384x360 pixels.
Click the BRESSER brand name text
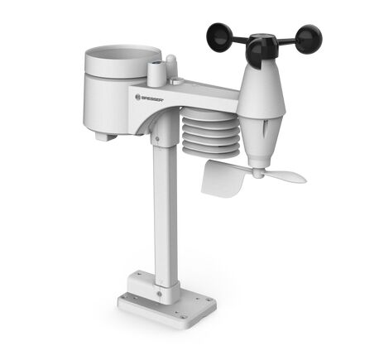(x=152, y=98)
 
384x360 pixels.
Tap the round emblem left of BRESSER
(x=138, y=97)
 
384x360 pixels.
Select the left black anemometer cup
(x=220, y=37)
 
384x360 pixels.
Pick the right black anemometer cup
(x=309, y=39)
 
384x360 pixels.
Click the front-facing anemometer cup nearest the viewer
(x=258, y=55)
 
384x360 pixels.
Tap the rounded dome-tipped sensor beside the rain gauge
(x=171, y=65)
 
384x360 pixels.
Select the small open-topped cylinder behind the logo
(x=155, y=73)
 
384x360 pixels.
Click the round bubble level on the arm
(x=176, y=81)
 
